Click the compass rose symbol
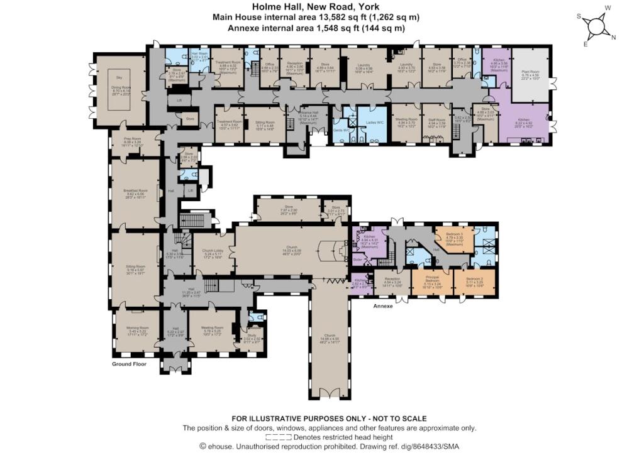pos(594,26)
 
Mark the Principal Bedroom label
pos(431,280)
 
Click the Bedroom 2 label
pos(474,278)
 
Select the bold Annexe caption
pos(382,306)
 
